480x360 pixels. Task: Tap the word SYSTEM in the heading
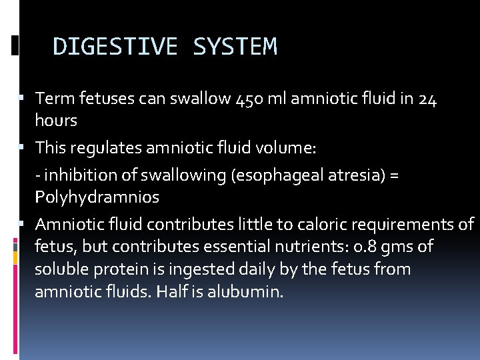[234, 47]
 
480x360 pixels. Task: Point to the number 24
[428, 99]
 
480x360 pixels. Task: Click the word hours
[56, 121]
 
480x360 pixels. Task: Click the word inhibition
[72, 175]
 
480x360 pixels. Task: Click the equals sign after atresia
[394, 176]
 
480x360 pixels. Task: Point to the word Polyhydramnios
[97, 197]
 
